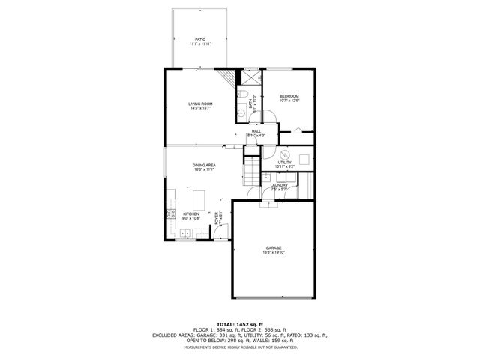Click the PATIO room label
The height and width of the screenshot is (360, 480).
(x=199, y=39)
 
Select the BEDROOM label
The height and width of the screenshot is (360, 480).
(x=289, y=96)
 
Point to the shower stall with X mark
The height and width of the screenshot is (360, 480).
(x=248, y=77)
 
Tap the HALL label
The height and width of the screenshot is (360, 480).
(x=256, y=131)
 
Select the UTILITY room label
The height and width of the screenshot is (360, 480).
(x=284, y=162)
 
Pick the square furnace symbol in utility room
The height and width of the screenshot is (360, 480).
(x=304, y=158)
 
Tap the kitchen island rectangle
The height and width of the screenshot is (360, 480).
(x=199, y=200)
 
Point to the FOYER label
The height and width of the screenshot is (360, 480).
(x=218, y=220)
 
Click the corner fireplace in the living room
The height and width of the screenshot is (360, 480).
(x=227, y=77)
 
